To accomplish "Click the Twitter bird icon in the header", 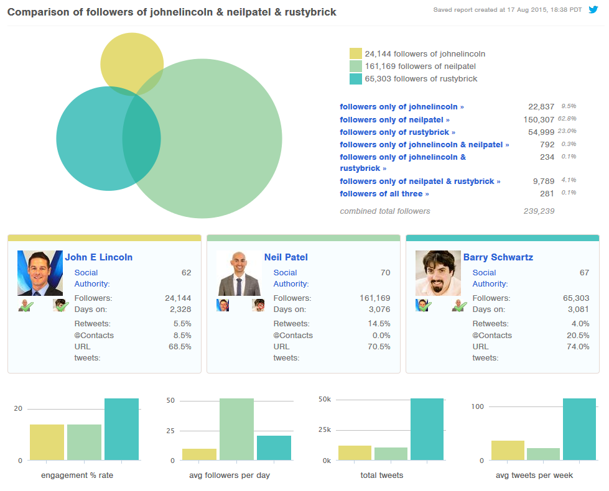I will [x=593, y=10].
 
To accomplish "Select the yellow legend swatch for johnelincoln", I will [x=355, y=54].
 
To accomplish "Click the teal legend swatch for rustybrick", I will [x=355, y=79].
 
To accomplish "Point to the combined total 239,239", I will [x=539, y=211].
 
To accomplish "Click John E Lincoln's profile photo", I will [x=40, y=273].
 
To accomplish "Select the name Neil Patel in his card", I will [x=286, y=257].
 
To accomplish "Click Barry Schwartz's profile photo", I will [x=438, y=273].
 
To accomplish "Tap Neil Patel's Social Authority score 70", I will [x=385, y=273].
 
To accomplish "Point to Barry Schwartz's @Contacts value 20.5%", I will [x=577, y=336].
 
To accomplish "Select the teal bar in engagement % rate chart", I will [x=121, y=429].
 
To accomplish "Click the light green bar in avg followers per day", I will [x=236, y=429].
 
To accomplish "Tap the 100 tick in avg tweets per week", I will [x=478, y=406].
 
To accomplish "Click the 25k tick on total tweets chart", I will [x=325, y=430].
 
